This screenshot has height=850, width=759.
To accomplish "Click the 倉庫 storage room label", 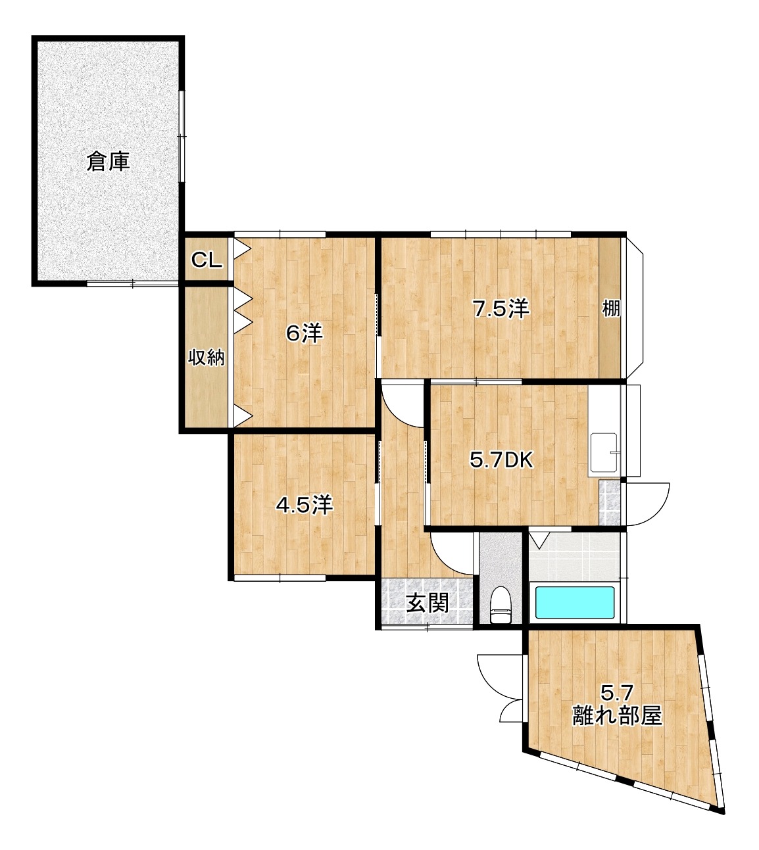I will [x=109, y=162].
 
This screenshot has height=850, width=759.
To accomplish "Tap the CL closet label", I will [x=206, y=260].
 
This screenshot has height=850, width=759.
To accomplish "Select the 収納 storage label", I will [x=207, y=358].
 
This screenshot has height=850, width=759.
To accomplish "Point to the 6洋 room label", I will [x=304, y=335].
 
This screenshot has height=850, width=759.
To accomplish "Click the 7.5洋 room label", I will [x=502, y=308].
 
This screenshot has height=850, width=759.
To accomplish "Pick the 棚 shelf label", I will [x=612, y=308].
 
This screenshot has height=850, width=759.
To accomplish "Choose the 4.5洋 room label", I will [x=304, y=505].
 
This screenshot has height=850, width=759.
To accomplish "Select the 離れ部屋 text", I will [x=616, y=715].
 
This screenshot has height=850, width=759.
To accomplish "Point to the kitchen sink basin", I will [x=603, y=452].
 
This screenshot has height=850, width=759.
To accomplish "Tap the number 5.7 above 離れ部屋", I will [x=618, y=692].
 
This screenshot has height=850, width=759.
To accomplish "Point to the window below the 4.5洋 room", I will [x=280, y=578].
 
